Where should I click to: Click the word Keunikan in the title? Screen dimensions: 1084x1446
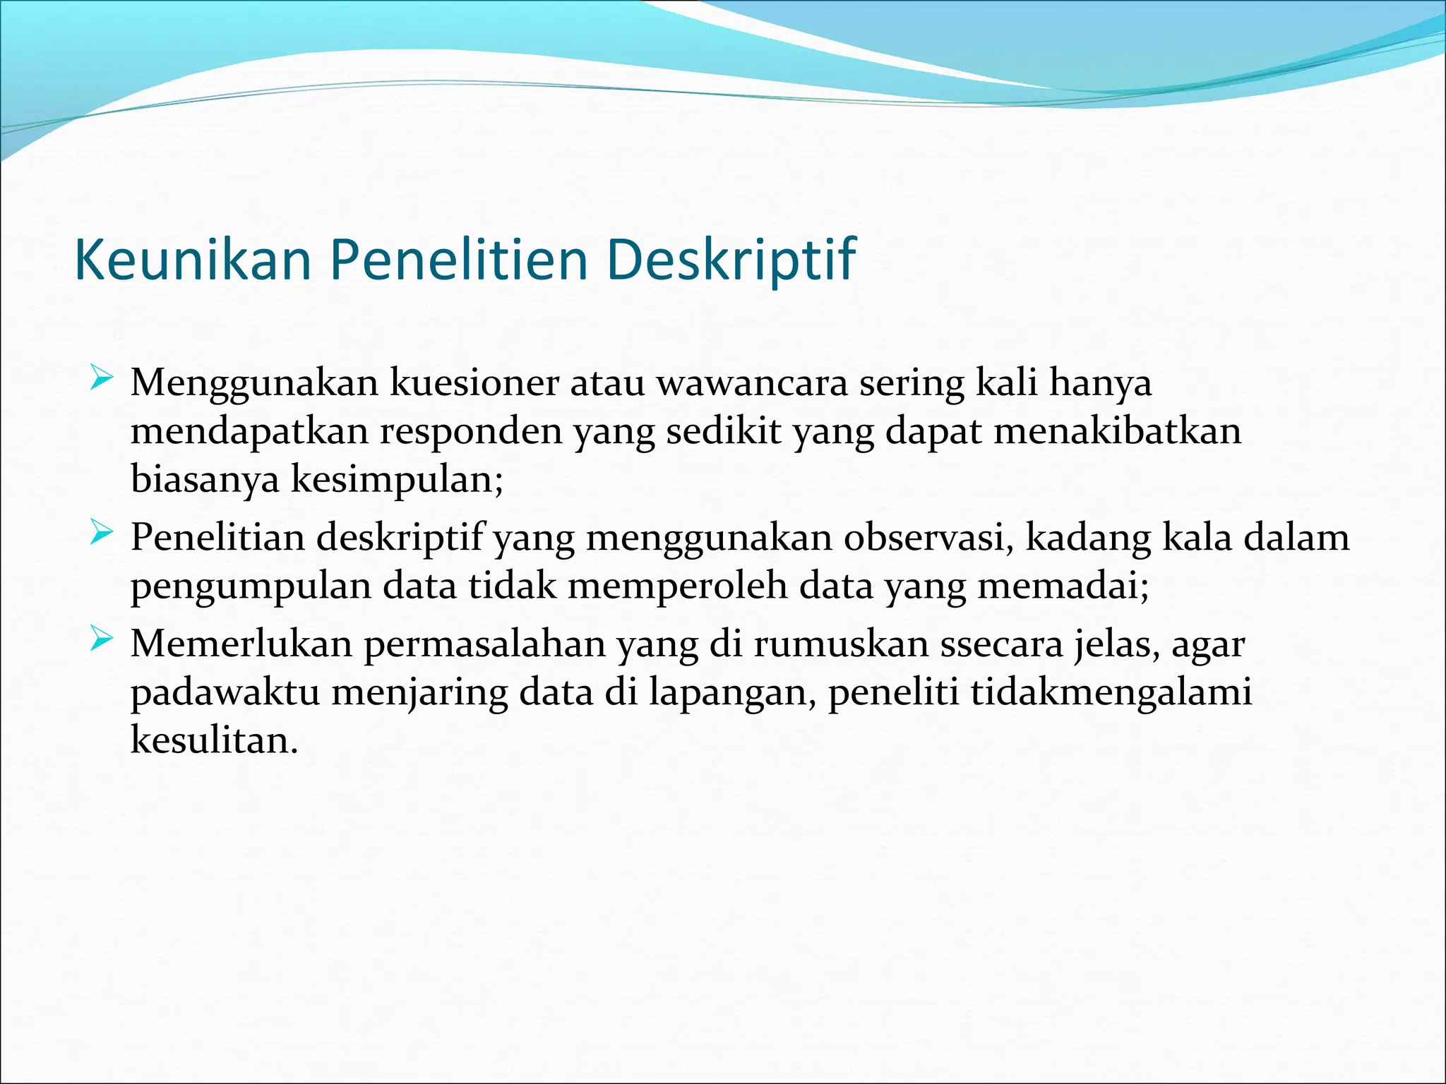coord(193,259)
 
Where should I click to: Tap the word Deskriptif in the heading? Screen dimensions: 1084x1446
coord(731,259)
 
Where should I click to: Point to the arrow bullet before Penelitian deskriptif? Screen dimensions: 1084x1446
coord(101,536)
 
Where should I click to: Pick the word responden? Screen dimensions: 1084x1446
coord(471,431)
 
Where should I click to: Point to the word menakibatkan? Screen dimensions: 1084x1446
coord(1117,431)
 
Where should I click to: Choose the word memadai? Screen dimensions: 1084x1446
coord(1063,586)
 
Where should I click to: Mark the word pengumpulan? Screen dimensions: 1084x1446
coord(251,587)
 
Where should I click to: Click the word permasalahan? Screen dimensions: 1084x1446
coord(485,644)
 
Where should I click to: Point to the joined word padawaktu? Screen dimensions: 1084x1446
coord(225,692)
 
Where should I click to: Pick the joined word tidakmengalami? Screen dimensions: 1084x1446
coord(1111,692)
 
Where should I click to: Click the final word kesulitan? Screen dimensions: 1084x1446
coord(214,740)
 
